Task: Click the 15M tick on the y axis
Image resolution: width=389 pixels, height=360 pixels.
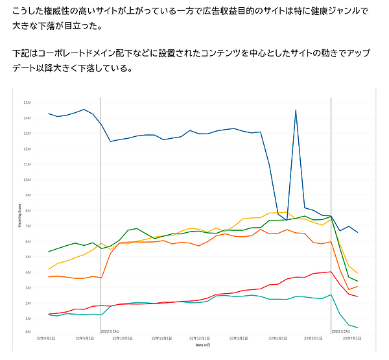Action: tap(27, 102)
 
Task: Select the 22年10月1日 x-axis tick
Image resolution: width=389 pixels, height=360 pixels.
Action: tap(123, 338)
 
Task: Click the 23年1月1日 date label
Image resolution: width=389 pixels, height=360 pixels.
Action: tap(241, 338)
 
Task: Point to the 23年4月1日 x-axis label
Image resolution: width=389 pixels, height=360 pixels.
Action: tap(353, 338)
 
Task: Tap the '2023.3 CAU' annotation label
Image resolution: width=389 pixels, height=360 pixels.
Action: tap(342, 331)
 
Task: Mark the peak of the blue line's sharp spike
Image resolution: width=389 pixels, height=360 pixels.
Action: tap(296, 110)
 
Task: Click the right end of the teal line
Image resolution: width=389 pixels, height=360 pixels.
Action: tap(358, 328)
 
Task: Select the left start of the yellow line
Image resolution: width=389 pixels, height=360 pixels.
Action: tap(49, 269)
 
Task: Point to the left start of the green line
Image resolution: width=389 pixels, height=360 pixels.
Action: tap(49, 252)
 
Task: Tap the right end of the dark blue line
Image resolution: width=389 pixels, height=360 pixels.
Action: tap(358, 232)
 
